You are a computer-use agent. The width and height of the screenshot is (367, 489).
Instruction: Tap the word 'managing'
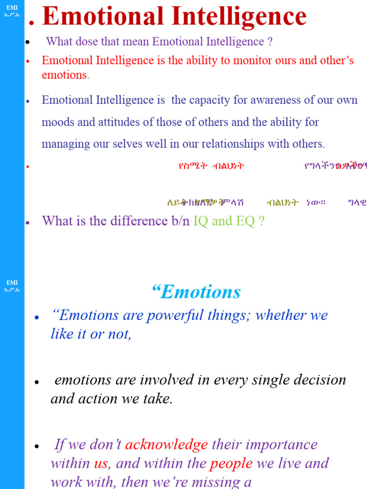62,144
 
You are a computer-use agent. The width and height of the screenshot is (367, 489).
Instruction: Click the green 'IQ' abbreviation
201,221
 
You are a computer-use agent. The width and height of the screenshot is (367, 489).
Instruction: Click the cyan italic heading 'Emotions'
200,292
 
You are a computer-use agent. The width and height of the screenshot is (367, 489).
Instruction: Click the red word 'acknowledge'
166,445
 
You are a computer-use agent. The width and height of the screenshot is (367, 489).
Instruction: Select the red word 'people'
231,464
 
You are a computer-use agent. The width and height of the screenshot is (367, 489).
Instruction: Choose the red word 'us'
101,464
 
